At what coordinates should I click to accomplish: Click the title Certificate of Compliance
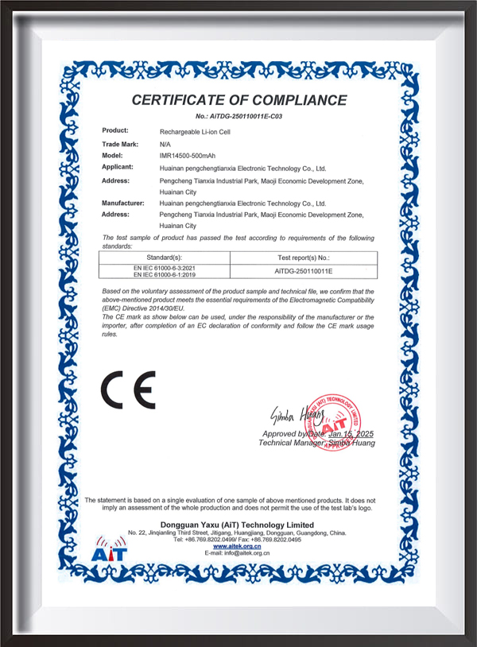(238, 100)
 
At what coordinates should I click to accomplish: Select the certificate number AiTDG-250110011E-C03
(238, 117)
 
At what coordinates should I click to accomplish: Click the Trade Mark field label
(120, 143)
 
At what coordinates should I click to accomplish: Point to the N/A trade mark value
(165, 143)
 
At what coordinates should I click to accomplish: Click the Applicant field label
(118, 169)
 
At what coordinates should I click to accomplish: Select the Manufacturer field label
(123, 203)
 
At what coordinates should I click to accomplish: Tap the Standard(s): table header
(165, 258)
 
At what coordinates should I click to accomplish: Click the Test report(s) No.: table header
(302, 258)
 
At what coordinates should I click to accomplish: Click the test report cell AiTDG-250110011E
(302, 270)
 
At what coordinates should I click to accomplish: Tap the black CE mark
(127, 389)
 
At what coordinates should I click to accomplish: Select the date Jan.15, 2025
(351, 434)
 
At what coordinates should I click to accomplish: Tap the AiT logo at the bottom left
(108, 549)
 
